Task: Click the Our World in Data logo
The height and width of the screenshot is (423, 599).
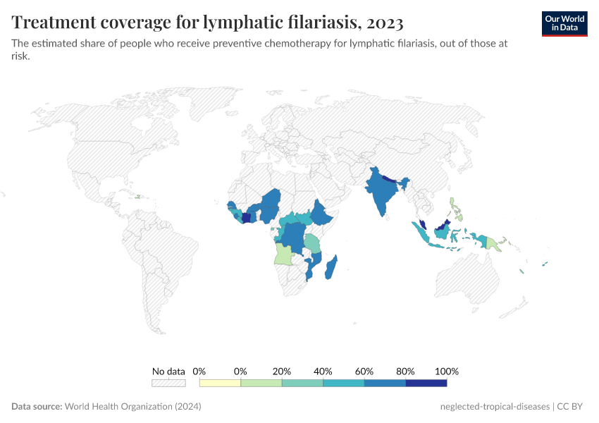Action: (x=564, y=23)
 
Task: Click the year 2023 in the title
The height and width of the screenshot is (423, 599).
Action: (x=385, y=23)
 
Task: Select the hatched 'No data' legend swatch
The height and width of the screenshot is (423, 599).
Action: (x=168, y=383)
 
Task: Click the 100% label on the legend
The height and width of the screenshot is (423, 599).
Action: (x=447, y=371)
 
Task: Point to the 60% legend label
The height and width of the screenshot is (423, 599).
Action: (x=364, y=371)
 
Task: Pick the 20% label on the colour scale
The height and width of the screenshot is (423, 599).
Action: (x=282, y=371)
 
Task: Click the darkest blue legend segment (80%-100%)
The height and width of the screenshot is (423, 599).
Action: (x=426, y=383)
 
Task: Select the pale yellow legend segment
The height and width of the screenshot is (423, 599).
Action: (x=220, y=383)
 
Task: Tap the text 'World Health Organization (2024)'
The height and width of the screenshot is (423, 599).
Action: (x=133, y=407)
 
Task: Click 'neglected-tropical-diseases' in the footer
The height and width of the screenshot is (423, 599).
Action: (x=494, y=407)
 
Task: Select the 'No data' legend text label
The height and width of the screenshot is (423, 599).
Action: (x=168, y=371)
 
